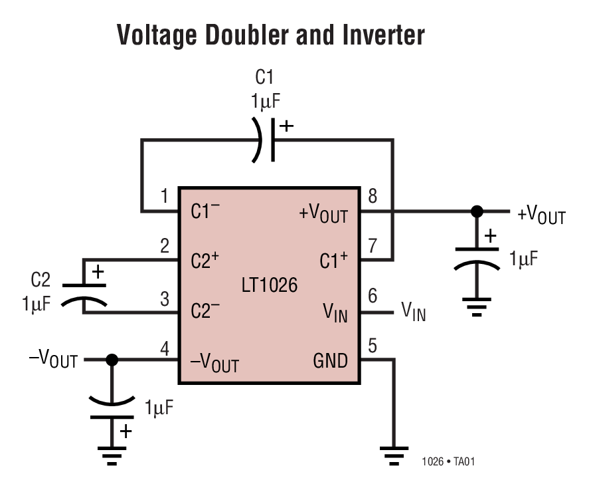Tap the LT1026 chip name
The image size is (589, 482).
tap(270, 287)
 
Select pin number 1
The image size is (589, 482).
tap(164, 196)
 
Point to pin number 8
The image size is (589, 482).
tap(372, 196)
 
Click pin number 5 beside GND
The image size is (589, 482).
tap(372, 345)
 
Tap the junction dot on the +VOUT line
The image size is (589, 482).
tap(476, 212)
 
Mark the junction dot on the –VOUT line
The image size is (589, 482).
tap(112, 360)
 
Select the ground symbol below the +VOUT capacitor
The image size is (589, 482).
tap(476, 308)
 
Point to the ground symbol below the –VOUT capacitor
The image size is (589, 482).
tap(112, 455)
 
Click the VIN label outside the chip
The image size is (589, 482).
tap(413, 310)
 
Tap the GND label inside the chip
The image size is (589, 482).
tap(330, 361)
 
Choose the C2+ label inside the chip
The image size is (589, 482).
tap(205, 261)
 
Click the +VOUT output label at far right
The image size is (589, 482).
tap(541, 215)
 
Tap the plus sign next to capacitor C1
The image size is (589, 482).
tap(286, 126)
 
